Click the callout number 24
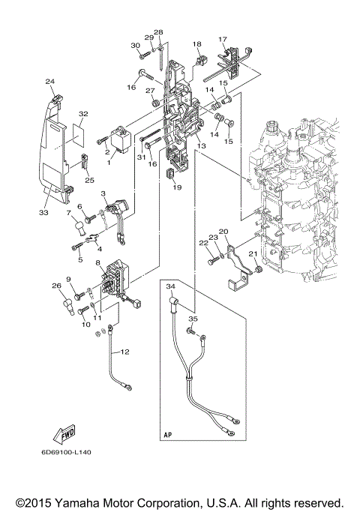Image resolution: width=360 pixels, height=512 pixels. [x=49, y=82]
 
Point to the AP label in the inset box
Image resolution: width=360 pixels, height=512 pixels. [x=168, y=434]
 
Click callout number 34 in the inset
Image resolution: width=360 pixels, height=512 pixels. [x=169, y=286]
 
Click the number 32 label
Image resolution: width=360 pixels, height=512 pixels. [x=83, y=114]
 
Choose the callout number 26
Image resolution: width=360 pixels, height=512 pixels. [x=55, y=285]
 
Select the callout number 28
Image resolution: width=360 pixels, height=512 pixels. [x=158, y=32]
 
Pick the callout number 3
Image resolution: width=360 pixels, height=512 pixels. [x=103, y=193]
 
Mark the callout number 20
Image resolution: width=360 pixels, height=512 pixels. [x=223, y=232]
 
